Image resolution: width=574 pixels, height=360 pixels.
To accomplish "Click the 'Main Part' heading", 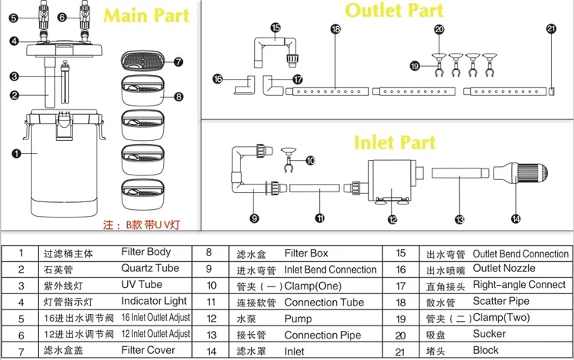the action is coord(146,15).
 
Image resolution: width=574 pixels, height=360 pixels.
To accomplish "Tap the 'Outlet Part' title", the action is coord(394,10).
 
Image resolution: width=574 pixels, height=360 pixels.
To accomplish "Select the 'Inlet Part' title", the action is coord(395,142).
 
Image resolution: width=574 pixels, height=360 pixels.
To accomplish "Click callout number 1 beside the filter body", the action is coord(16,153).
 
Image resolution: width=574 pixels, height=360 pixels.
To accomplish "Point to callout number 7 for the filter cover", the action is coord(178,62).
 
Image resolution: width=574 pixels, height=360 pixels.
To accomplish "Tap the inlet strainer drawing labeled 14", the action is coord(520,172).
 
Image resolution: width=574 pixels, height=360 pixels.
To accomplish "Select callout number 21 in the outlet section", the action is coord(551,28).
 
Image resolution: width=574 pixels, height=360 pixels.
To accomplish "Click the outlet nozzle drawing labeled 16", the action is coord(244,85).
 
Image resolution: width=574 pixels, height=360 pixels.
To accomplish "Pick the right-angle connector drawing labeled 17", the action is coord(272,85).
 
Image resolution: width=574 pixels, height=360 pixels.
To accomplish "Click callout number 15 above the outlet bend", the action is coord(276,28).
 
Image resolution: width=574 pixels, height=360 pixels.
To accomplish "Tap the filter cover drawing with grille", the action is coord(142,61).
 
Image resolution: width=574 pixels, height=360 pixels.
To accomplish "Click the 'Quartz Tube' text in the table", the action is coord(150,268).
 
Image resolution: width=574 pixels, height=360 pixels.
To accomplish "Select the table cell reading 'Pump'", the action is coord(298,319).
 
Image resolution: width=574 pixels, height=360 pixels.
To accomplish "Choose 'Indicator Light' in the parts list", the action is coord(154,301).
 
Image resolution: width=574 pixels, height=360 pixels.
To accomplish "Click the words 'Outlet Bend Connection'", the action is coord(520,254).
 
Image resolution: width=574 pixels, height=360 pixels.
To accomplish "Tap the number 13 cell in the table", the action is coord(211,335).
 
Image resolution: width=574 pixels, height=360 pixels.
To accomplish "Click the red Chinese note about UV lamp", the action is coord(142,224).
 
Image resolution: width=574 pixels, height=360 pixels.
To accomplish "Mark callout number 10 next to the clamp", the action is coord(311,160).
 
